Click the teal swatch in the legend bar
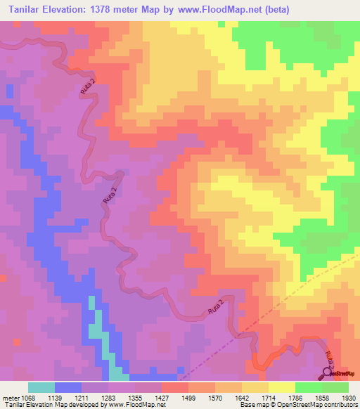point(41,387)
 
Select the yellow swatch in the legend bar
point(281,387)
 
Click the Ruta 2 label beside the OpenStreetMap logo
point(327,358)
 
